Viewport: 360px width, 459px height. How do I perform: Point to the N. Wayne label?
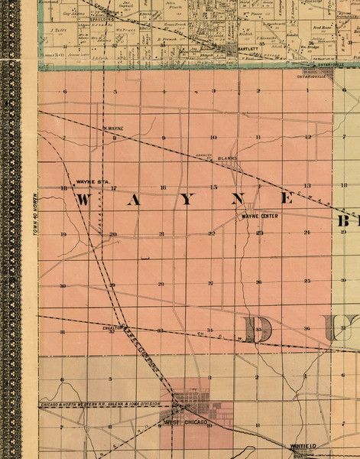pos(112,129)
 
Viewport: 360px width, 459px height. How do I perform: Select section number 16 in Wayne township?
pos(162,187)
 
